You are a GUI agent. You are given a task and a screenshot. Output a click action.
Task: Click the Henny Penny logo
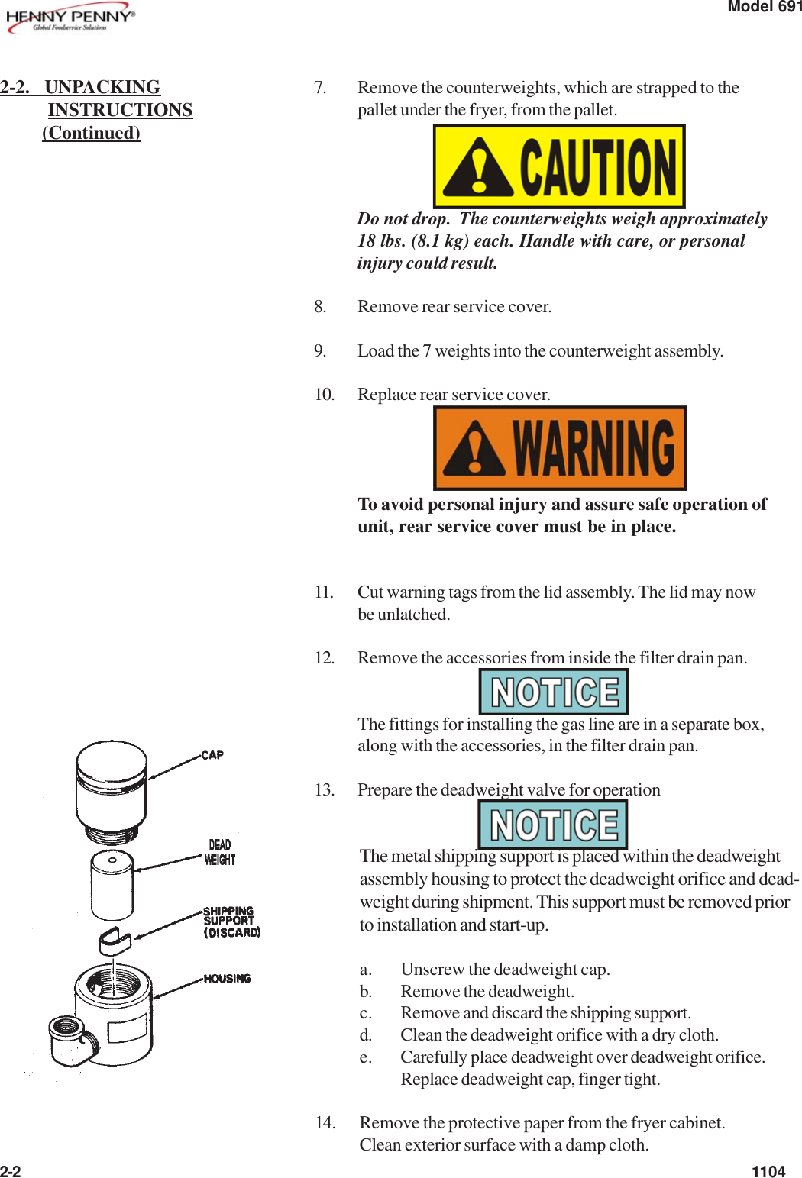point(70,19)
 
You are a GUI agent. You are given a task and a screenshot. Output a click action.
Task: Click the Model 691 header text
point(764,7)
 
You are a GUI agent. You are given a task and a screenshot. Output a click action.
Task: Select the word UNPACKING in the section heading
point(102,87)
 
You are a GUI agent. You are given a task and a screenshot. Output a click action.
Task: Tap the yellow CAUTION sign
point(559,166)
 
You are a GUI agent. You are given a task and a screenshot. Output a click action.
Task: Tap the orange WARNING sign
point(560,448)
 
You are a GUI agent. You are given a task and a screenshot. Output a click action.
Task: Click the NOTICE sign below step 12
point(554,692)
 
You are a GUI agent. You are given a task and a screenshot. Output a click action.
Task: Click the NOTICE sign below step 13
point(553,825)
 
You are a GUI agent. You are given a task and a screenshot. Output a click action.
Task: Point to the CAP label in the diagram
point(212,755)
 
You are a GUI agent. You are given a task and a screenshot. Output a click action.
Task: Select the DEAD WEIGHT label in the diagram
point(220,852)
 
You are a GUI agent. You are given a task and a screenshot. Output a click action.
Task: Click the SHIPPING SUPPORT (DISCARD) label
point(231,921)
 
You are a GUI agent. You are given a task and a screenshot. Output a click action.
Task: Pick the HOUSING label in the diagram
point(227,979)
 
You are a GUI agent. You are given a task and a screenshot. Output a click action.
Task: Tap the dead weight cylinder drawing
point(112,885)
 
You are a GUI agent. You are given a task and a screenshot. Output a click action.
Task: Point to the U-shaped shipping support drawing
point(115,941)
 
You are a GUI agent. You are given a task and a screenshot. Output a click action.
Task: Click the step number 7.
point(320,88)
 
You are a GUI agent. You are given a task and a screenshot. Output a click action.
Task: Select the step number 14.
point(325,1122)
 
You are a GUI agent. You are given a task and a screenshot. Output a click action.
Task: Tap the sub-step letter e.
point(366,1057)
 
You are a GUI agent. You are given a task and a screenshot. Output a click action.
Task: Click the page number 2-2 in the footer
point(11,1172)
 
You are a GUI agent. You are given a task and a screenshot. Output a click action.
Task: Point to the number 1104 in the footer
point(768,1172)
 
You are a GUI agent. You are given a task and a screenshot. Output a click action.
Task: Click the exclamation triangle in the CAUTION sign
point(477,167)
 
